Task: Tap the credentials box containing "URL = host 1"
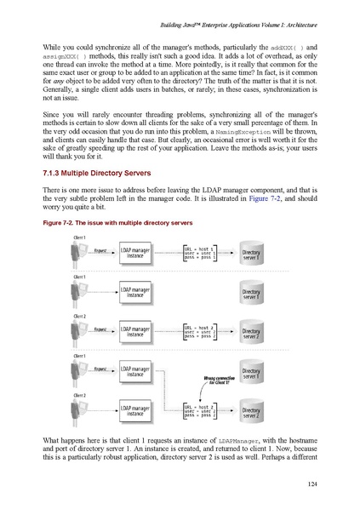(204, 253)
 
